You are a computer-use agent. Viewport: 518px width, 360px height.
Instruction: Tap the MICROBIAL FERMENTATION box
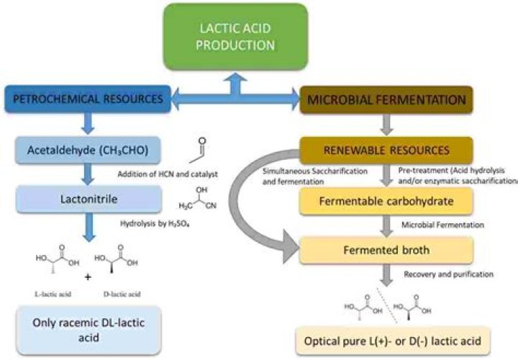pos(386,100)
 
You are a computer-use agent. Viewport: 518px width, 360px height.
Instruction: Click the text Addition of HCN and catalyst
pos(168,176)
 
